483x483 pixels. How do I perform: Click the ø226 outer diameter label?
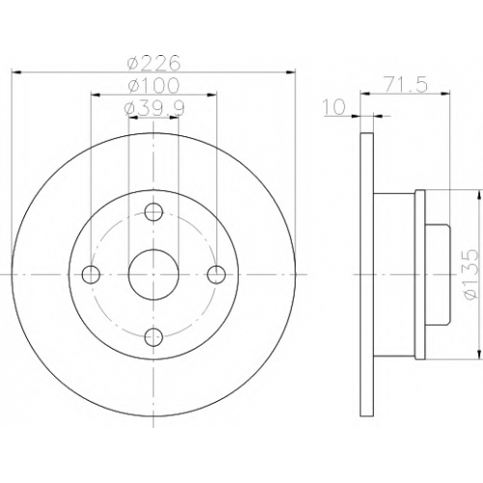[153, 63]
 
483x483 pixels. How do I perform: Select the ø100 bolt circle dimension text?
[153, 86]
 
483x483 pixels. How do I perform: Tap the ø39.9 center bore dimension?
[155, 108]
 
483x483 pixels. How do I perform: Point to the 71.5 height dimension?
[405, 85]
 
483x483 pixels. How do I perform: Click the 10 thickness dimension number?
[333, 107]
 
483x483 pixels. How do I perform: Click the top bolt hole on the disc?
[154, 212]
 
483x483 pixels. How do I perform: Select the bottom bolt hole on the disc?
[154, 337]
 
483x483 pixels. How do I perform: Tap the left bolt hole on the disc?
[91, 274]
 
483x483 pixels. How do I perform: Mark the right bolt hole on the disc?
[216, 274]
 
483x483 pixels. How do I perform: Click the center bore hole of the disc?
[154, 274]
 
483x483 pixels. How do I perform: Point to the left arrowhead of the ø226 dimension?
[15, 72]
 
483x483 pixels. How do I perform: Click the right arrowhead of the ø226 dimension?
[291, 72]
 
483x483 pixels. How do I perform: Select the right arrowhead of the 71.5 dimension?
[445, 94]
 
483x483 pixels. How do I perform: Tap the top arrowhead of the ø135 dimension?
[480, 195]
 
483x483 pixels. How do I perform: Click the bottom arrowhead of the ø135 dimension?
[480, 355]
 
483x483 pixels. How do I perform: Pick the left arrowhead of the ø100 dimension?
[96, 95]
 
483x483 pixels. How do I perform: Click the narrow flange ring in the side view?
[420, 274]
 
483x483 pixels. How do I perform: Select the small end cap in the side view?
[438, 274]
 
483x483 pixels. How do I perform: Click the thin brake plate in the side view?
[367, 274]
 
